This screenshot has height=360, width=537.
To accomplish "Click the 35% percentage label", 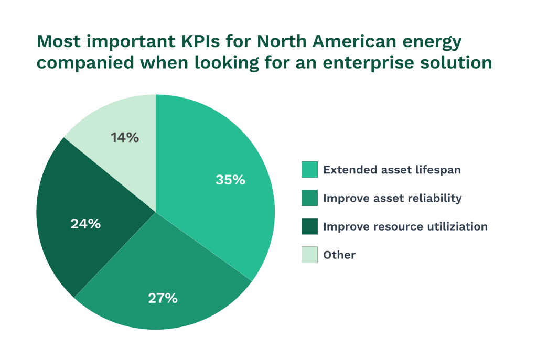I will pos(230,180).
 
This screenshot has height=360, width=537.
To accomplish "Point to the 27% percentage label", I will pos(163,298).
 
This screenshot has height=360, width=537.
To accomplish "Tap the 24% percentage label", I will pos(85,224).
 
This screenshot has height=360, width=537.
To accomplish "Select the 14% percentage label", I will pos(125,138).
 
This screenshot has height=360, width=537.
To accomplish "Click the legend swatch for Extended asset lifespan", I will pos(309,170).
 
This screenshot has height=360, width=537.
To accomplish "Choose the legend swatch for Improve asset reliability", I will pos(309,198).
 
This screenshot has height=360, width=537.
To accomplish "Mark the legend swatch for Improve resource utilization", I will pos(309,226).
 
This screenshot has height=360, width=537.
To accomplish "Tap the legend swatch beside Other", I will pos(309,255).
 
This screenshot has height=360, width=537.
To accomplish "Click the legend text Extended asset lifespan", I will pos(392,170).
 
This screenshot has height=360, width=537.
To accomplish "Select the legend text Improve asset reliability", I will pos(392,198).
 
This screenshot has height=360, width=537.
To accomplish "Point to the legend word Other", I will pos(339,255).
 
